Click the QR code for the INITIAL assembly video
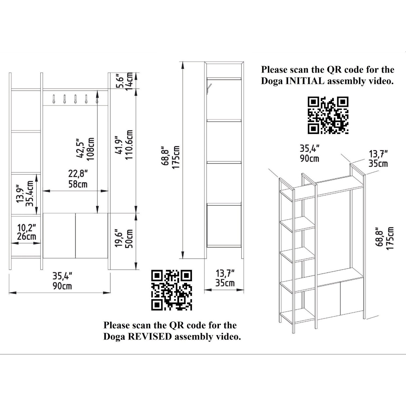[x=328, y=115]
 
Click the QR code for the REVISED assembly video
[x=171, y=290]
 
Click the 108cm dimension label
[x=91, y=149]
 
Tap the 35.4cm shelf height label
[x=30, y=194]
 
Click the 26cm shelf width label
[x=27, y=236]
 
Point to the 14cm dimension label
[x=129, y=82]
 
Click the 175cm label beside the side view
[x=176, y=157]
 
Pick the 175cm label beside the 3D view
[x=390, y=238]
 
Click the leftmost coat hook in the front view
[x=54, y=99]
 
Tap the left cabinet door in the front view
[x=59, y=236]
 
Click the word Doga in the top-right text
[x=272, y=81]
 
